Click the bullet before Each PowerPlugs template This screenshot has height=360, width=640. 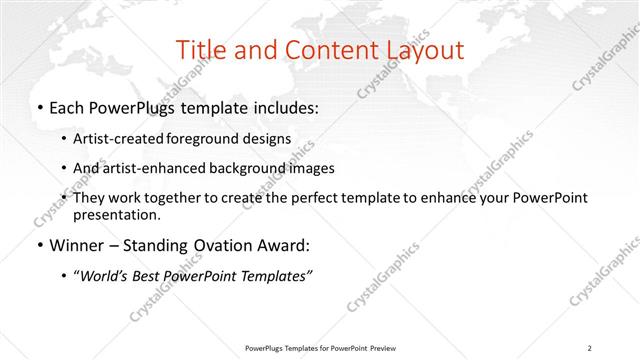pos(38,108)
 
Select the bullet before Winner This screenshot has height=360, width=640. pos(38,246)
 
